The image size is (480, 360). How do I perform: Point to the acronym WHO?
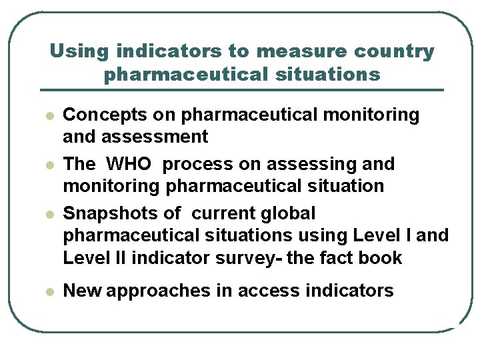133,164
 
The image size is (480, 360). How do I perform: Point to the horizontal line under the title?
241,90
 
